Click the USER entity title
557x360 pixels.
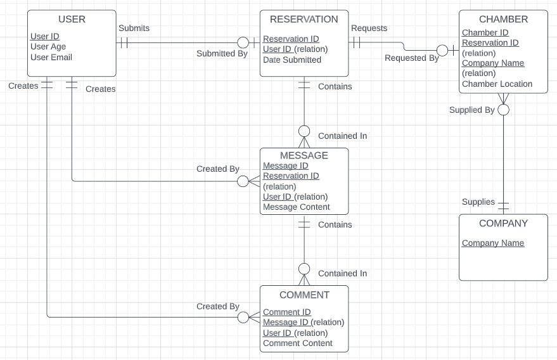72,20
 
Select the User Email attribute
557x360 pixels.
51,57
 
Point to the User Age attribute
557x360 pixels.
48,46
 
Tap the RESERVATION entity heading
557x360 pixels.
304,20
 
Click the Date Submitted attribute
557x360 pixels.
292,60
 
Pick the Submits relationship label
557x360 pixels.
134,28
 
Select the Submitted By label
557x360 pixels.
222,54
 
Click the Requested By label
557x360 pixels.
411,58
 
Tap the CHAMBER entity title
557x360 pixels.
503,20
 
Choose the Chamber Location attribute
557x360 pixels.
497,84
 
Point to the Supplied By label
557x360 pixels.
471,110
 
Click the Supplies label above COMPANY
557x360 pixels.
478,202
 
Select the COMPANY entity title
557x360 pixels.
503,224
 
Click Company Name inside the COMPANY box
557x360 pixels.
493,243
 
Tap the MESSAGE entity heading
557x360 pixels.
304,156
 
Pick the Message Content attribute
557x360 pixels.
296,207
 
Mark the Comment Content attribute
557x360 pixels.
297,343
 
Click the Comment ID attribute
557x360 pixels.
286,312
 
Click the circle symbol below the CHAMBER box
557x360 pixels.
504,110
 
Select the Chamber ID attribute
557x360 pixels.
485,32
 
